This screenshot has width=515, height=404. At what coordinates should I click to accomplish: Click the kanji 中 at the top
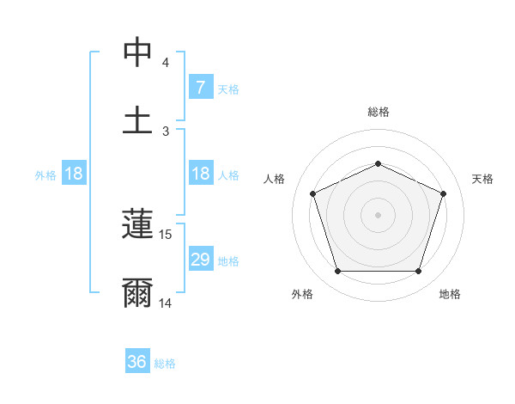137,52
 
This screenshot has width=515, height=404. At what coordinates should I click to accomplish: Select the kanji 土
137,119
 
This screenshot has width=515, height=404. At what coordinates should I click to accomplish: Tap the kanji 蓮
137,225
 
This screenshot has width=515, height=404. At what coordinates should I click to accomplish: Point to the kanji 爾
137,293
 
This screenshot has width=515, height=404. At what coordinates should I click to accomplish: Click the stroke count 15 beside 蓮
167,234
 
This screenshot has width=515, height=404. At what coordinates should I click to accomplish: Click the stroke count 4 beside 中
166,63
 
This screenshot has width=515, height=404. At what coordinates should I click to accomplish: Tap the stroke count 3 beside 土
166,131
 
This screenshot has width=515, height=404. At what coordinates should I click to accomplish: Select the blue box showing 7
200,88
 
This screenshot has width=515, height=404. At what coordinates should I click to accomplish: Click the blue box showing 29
200,260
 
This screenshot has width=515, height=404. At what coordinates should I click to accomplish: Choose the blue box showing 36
137,362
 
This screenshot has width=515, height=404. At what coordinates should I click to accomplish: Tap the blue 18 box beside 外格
74,174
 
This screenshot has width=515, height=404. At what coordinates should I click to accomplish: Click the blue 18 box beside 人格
200,174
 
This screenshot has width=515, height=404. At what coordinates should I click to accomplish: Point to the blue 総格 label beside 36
165,364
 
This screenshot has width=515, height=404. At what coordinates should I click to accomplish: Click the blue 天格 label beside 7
227,89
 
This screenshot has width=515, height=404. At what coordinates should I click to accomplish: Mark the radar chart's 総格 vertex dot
378,162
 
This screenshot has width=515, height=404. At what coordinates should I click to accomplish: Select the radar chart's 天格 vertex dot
444,193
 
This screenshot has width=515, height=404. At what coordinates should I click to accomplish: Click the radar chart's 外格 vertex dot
337,272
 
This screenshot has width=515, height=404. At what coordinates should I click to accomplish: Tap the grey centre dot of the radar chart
378,215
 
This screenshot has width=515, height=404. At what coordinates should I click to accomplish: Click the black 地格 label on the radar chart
450,294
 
